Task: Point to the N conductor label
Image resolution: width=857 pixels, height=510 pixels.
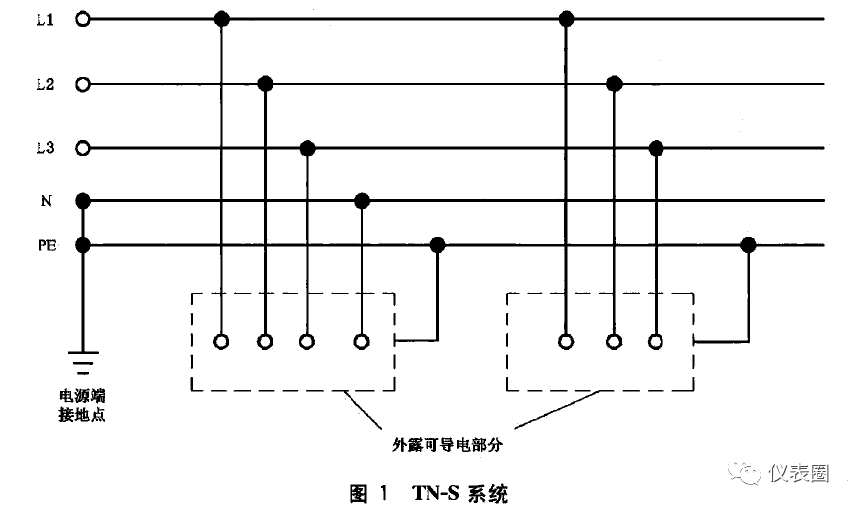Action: pos(46,201)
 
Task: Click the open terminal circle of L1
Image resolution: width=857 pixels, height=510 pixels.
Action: pos(83,19)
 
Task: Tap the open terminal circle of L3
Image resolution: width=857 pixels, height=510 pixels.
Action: pos(83,149)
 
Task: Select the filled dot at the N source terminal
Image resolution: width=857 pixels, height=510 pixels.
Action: pos(83,201)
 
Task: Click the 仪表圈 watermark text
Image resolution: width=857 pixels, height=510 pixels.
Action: pos(798,473)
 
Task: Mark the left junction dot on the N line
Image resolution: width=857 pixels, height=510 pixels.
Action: pos(362,201)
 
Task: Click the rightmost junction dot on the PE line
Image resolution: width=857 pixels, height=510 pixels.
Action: pos(749,245)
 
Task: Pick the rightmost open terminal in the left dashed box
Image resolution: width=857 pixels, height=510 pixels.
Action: pos(362,342)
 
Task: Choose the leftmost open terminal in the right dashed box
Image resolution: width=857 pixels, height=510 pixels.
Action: pos(566,342)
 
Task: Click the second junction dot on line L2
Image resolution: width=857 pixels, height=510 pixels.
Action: pos(614,84)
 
